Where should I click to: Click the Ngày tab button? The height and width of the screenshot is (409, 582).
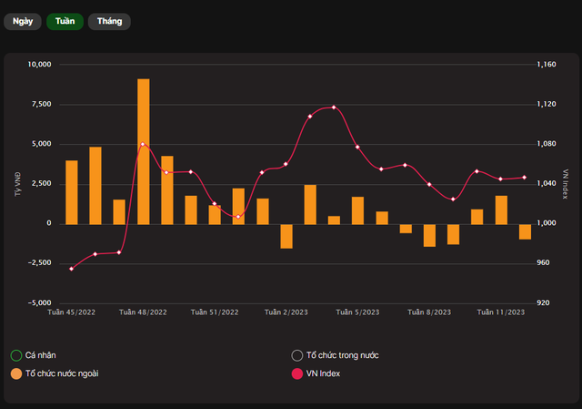pos(23,21)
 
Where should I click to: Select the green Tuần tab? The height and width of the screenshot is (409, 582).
pos(65,21)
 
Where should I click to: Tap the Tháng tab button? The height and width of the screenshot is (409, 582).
pos(109,21)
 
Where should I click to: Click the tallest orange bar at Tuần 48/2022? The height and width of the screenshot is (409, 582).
pos(144,150)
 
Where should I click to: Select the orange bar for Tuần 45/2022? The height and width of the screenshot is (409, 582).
pos(72,191)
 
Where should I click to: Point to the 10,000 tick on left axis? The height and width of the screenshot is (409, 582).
pos(40,65)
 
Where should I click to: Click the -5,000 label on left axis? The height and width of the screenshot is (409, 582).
pos(40,302)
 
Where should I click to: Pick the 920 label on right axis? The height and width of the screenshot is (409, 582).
pos(543,302)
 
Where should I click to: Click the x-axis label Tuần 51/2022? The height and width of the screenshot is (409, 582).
pos(215,312)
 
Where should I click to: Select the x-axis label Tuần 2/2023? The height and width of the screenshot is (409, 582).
pos(286,312)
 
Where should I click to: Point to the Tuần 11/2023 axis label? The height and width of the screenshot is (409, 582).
pos(501,312)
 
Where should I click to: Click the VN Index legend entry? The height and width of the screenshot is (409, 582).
pos(323,373)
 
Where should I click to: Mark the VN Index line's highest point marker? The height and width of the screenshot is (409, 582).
pos(334,107)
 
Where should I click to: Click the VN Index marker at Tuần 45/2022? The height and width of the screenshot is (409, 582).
pos(72,269)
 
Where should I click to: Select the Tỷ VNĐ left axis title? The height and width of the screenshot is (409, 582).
pos(18,183)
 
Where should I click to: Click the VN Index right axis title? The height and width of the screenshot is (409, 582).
pos(565,183)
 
